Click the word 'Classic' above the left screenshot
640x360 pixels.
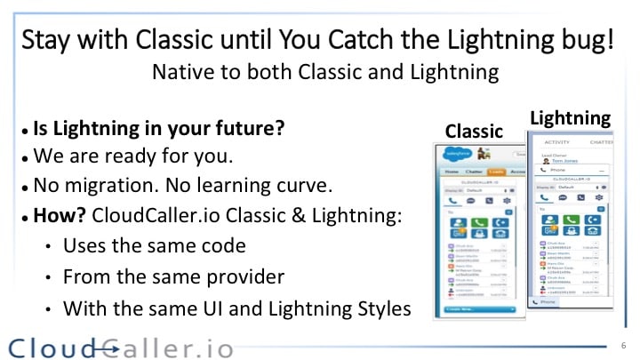(474, 131)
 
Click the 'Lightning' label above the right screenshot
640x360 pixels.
(570, 117)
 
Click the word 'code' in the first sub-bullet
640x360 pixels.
(225, 245)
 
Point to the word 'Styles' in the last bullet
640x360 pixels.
(382, 308)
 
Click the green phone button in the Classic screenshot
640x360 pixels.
(480, 223)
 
